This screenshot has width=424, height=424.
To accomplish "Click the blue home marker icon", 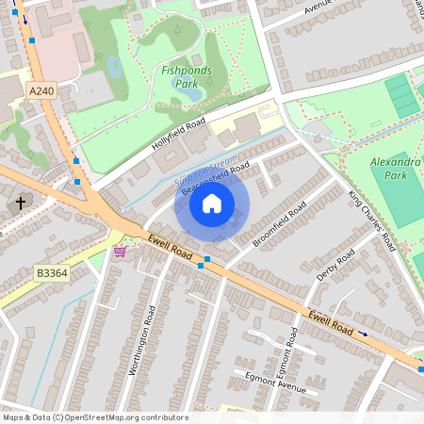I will coord(212,204).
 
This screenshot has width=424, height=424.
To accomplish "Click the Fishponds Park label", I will coord(186,76).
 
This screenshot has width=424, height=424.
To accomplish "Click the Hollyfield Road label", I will coord(177,137).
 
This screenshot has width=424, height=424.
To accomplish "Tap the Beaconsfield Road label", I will coord(215,178).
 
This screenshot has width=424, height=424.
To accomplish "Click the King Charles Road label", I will coord(370,220).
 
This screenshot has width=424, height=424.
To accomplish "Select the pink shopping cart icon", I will coord(120,252).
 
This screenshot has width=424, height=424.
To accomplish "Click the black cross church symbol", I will coord(21,203).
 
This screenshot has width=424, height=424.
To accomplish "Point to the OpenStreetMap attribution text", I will coord(95,417).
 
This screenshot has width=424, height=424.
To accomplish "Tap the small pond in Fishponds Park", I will coord(115,67).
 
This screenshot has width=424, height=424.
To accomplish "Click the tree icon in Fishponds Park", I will coord(177,30).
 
